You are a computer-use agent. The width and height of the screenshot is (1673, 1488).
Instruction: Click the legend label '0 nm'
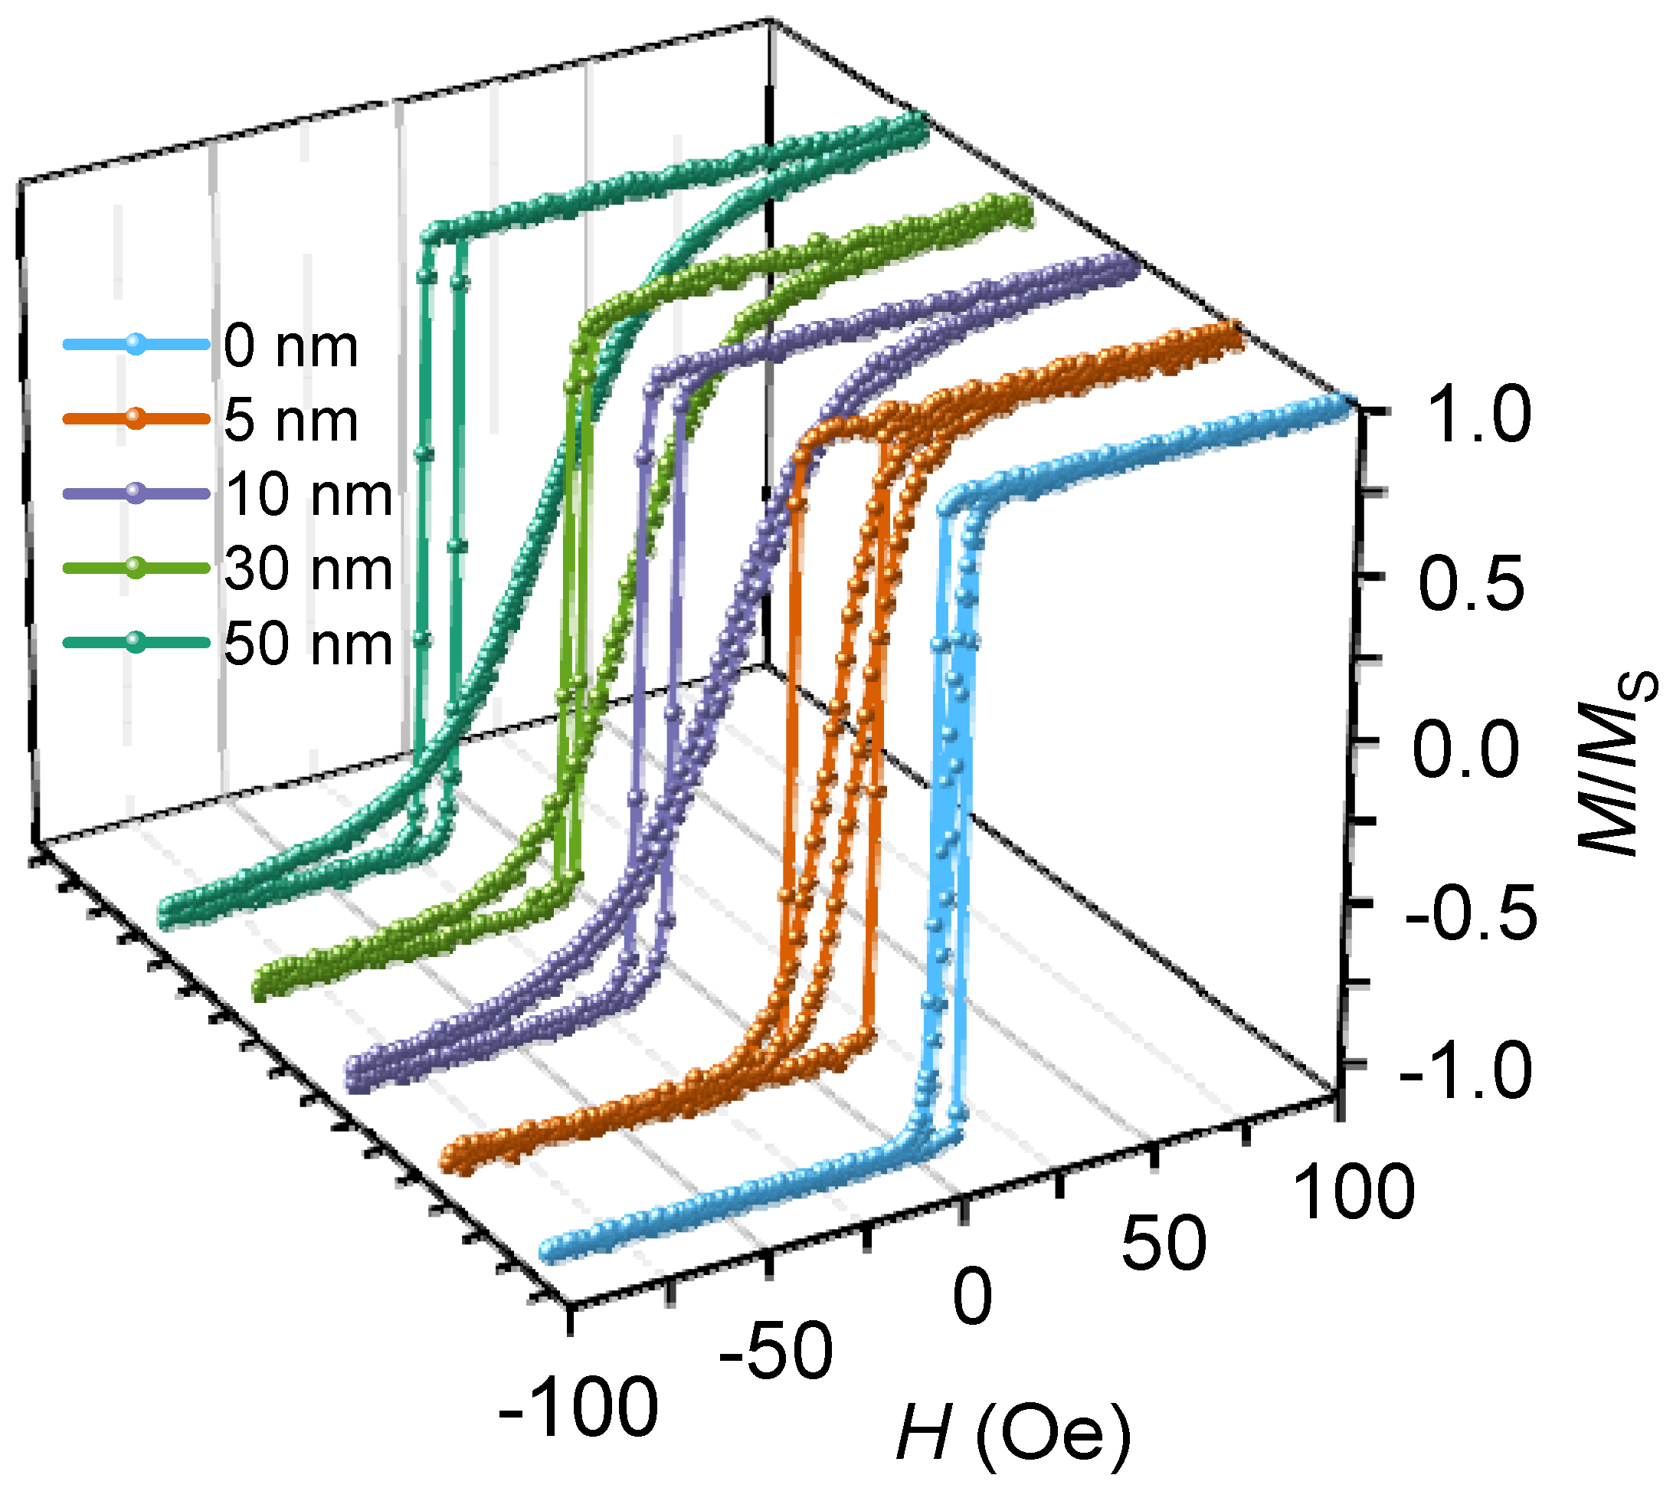pos(290,346)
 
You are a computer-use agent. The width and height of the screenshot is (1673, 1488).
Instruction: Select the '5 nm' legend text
pos(290,421)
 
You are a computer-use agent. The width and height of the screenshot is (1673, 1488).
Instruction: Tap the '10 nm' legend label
pos(309,495)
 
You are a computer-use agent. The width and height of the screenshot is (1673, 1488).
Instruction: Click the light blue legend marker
pos(135,345)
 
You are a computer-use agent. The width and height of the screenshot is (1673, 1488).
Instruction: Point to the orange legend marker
pos(135,418)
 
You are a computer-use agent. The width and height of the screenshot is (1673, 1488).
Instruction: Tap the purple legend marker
pos(135,493)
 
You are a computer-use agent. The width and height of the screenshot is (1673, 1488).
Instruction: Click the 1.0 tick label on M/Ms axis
pos(1480,416)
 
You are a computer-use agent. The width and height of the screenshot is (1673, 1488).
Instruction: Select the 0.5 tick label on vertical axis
pos(1471,584)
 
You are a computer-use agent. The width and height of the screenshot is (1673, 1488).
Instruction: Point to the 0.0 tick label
pos(1465,749)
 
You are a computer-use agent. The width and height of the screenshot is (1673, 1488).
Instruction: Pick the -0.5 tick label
pos(1471,912)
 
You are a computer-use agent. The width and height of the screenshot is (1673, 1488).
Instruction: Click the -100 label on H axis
pos(578,1407)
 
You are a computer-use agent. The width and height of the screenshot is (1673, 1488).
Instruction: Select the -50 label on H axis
pos(776,1352)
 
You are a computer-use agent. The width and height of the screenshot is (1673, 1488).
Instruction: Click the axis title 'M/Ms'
pos(1616,761)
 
